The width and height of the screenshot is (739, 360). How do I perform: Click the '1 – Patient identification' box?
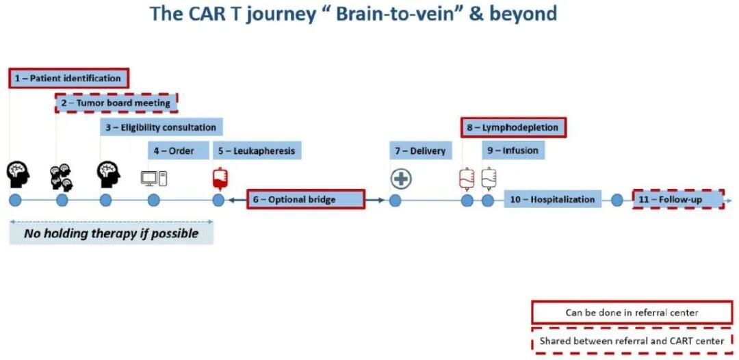(68, 78)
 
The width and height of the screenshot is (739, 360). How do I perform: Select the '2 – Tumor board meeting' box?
(116, 103)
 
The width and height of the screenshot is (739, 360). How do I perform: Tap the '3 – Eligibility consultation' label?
(161, 127)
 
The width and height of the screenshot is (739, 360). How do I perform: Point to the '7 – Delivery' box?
(420, 151)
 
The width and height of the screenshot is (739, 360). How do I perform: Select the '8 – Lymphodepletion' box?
(513, 127)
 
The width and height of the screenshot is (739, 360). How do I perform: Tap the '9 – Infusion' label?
(513, 151)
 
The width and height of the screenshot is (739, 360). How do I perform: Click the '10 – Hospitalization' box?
(553, 200)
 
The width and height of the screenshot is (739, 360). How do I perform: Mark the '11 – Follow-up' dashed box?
(677, 199)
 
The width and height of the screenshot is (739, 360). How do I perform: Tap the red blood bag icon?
(220, 178)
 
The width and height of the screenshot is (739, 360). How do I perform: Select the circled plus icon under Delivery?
(401, 179)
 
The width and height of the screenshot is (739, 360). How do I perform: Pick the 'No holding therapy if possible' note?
(111, 233)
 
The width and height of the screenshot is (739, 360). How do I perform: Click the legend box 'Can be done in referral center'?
(631, 313)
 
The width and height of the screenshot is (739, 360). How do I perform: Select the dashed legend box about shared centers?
(631, 340)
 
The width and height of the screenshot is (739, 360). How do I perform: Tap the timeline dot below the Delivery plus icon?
(395, 201)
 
